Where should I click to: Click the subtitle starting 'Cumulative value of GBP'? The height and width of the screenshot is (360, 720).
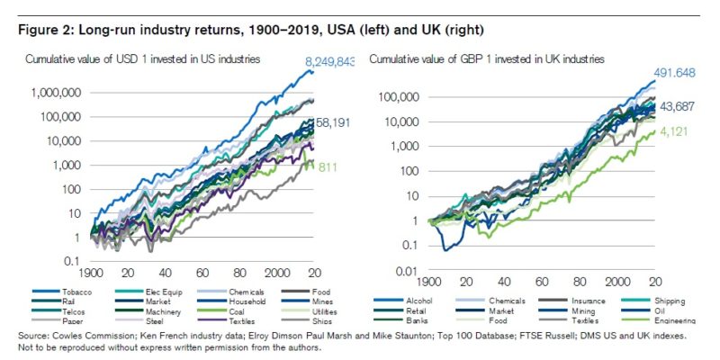coord(487,58)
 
